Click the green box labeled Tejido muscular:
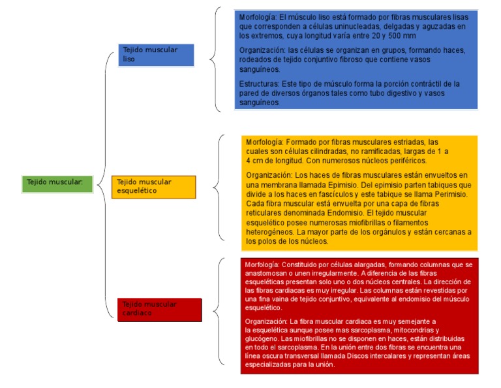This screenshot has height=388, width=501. click(x=55, y=182)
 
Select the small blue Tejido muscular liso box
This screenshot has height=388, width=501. click(x=157, y=54)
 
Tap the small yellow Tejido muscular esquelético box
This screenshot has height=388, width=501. click(x=153, y=186)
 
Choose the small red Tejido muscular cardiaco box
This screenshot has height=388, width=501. click(x=160, y=309)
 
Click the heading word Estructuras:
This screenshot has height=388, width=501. click(x=259, y=84)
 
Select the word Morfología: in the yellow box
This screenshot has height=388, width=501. click(x=264, y=142)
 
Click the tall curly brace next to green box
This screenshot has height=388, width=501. click(x=104, y=182)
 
